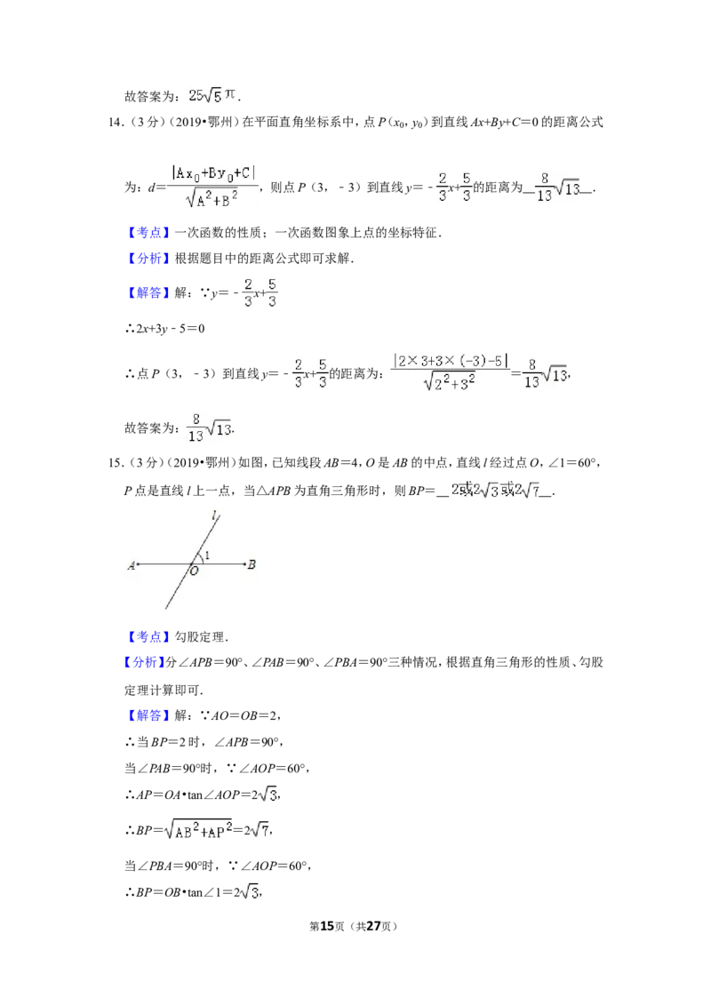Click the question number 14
pos(116,122)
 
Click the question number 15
pos(116,463)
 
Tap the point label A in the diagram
pos(132,565)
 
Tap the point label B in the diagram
pos(252,564)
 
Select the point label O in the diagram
pos(194,571)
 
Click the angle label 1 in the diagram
pos(207,555)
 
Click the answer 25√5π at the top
pos(212,96)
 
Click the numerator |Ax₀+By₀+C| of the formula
pos(213,173)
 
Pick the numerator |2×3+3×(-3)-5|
pos(451,361)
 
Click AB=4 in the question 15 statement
pos(340,463)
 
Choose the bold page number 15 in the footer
pos(327,926)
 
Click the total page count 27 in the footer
pos(373,926)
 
